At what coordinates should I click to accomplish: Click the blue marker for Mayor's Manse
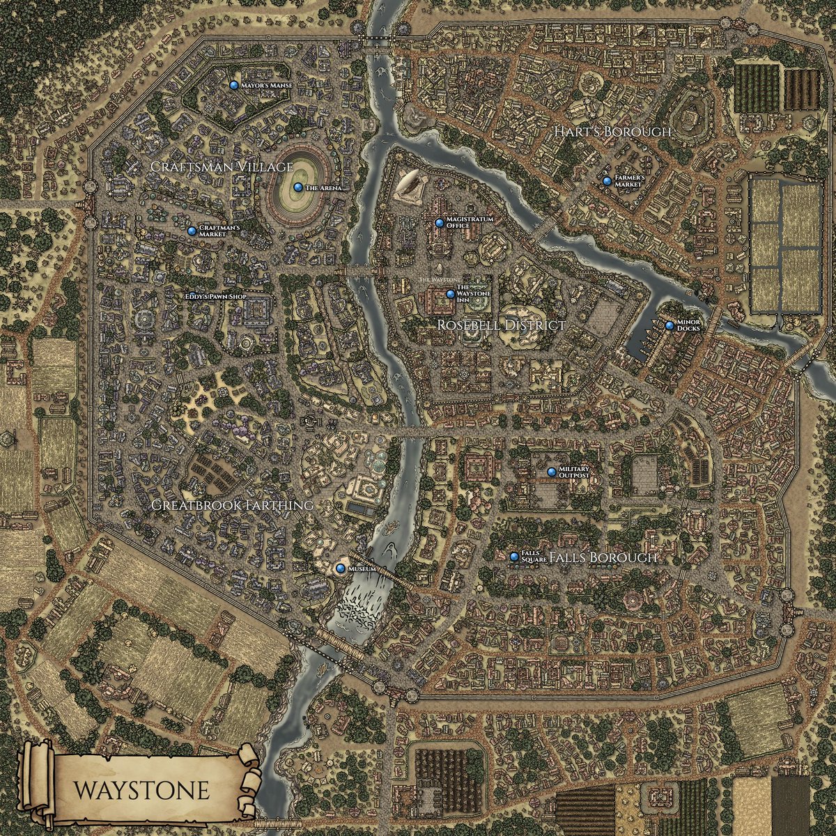tap(233, 85)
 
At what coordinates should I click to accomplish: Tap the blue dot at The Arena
tap(297, 187)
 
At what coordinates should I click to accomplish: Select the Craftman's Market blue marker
tap(192, 231)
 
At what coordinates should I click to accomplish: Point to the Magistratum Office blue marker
tap(439, 223)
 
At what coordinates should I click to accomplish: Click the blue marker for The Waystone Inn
tap(450, 295)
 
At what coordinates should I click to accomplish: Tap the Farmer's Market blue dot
tap(607, 181)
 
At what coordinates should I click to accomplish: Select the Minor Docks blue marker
tap(669, 325)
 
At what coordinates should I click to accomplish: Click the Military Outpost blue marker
tap(552, 472)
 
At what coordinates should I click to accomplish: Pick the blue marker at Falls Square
tap(514, 557)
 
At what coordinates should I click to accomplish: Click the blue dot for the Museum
tap(341, 569)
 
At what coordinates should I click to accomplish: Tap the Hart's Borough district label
tap(612, 132)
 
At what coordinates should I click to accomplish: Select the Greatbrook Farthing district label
tap(231, 504)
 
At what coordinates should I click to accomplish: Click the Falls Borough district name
tap(603, 558)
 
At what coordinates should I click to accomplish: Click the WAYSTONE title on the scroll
tap(141, 791)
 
